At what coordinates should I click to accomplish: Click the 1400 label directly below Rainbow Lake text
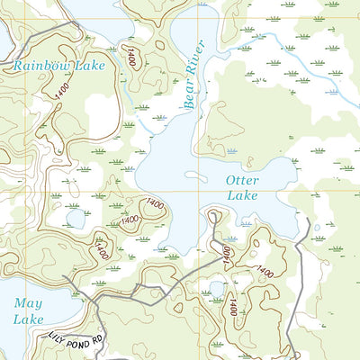click(x=61, y=91)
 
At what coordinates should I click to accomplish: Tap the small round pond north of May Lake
click(x=75, y=218)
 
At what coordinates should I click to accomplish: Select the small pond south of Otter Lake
click(x=215, y=289)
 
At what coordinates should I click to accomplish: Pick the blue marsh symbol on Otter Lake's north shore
click(x=233, y=150)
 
